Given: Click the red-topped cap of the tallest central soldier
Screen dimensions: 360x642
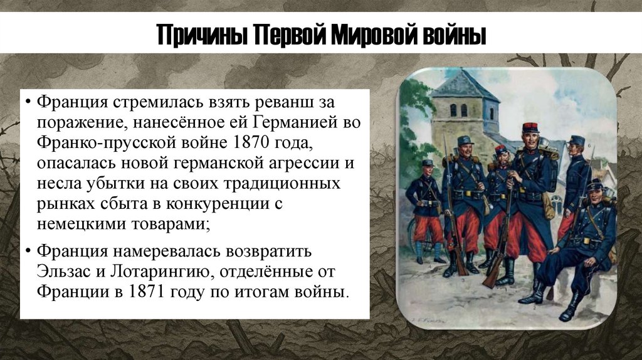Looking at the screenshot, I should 530,127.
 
